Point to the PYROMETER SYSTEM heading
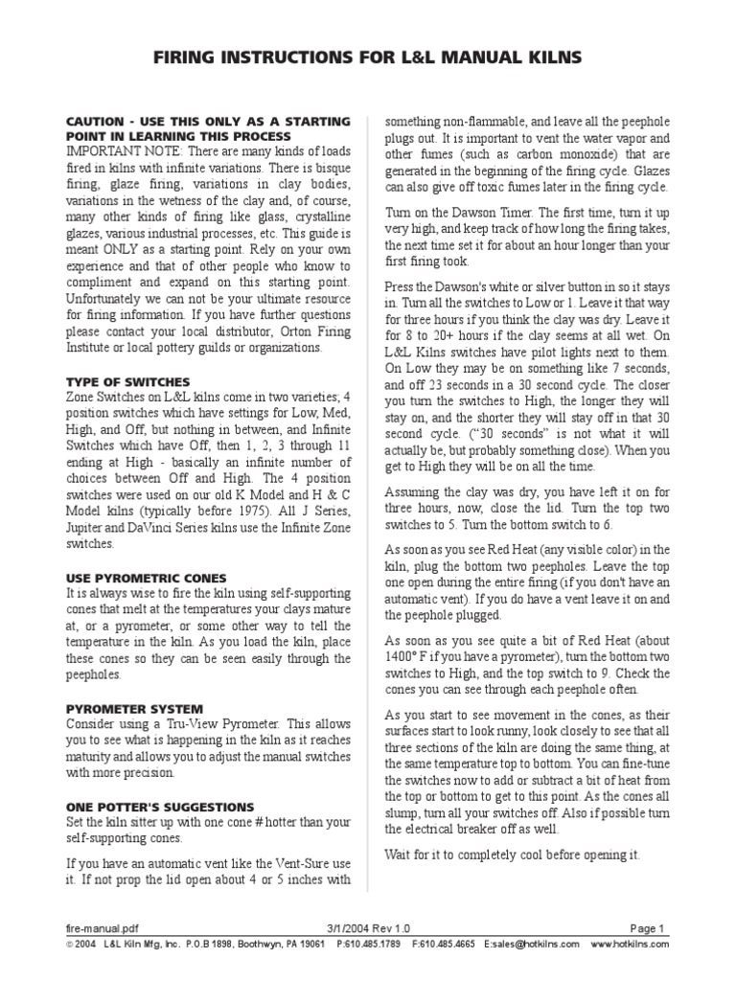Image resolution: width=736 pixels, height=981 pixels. (119, 709)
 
